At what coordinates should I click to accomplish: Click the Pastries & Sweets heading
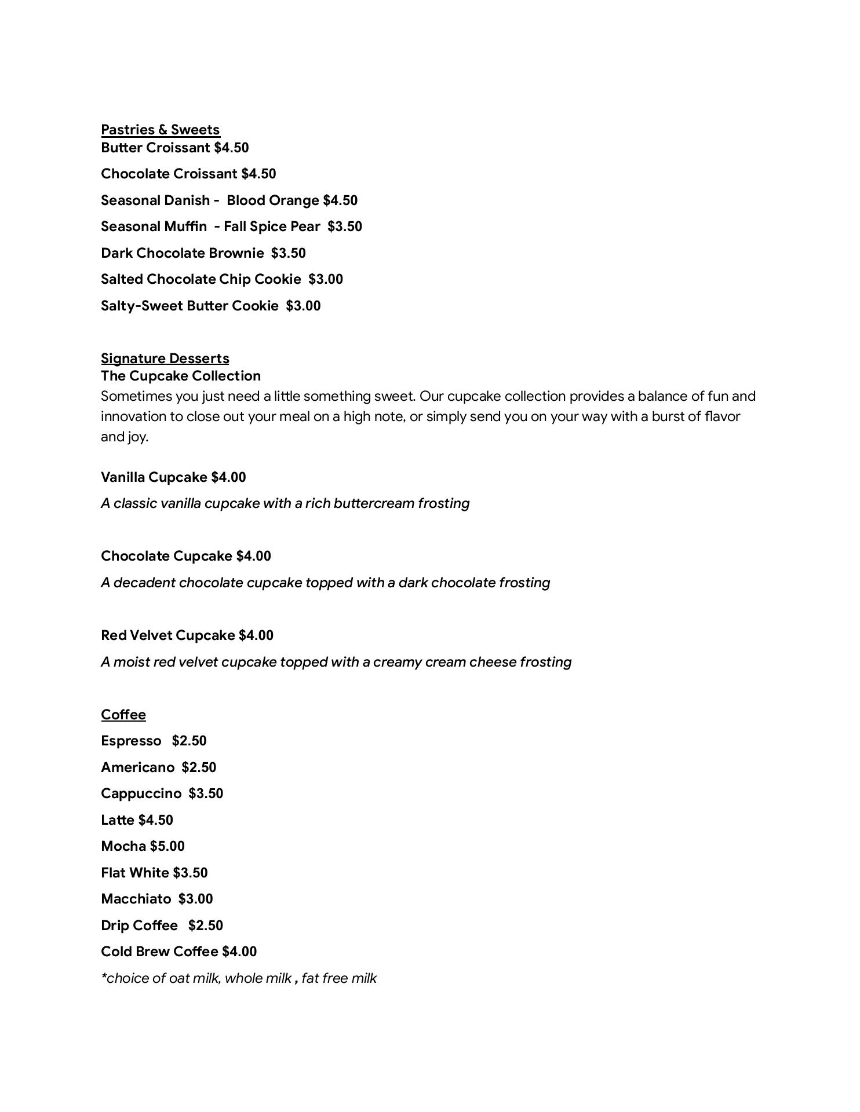point(160,130)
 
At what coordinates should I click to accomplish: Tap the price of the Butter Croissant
point(231,148)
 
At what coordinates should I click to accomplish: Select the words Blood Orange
point(272,200)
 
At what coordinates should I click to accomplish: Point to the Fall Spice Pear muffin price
point(345,226)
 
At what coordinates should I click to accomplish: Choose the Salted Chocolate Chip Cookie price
point(326,279)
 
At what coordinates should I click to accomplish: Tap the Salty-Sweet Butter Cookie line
point(210,306)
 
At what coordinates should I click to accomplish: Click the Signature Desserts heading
point(165,359)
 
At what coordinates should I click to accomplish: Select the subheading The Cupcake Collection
point(180,376)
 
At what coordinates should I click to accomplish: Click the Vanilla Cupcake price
point(228,477)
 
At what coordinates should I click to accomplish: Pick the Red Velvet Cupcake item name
point(167,635)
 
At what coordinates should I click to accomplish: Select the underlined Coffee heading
point(123,715)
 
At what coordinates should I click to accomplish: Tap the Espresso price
point(189,741)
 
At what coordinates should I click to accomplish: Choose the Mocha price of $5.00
point(167,846)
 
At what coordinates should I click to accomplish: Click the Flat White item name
point(134,873)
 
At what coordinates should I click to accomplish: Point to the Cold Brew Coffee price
point(239,952)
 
